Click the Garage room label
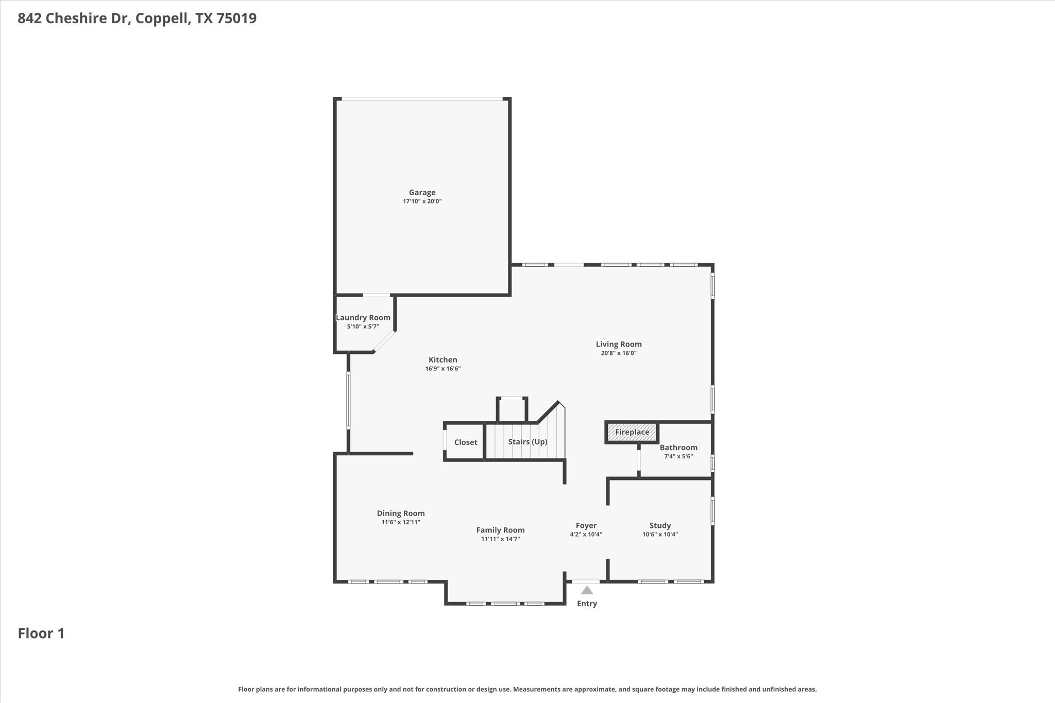click(422, 192)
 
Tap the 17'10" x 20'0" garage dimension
click(422, 201)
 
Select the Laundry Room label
click(363, 318)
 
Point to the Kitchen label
click(443, 360)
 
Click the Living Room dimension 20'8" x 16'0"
click(619, 353)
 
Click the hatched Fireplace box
click(632, 433)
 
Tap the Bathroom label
click(678, 448)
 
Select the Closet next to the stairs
click(466, 442)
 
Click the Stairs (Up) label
click(527, 442)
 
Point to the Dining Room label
click(401, 513)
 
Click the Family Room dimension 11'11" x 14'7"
click(500, 539)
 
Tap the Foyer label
click(586, 526)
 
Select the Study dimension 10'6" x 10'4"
click(660, 535)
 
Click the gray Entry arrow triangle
click(587, 591)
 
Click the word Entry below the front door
click(587, 604)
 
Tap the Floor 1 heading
click(41, 633)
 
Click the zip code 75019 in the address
click(236, 19)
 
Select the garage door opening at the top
click(422, 99)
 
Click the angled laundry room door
click(384, 341)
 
